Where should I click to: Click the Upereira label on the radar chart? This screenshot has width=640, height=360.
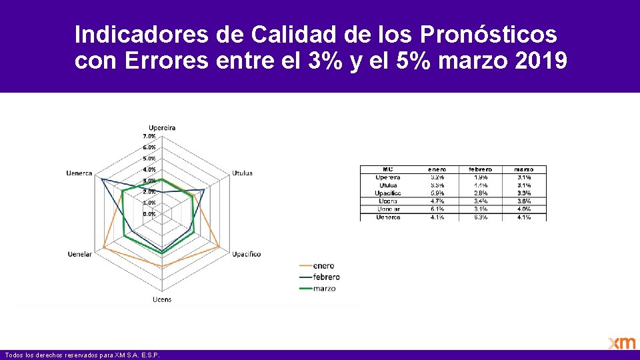click(162, 127)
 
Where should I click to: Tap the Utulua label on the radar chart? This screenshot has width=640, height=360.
click(242, 173)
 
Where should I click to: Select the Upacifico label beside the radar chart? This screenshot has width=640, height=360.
click(246, 254)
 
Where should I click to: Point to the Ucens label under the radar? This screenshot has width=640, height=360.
click(162, 299)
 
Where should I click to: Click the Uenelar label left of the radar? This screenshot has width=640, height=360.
click(80, 254)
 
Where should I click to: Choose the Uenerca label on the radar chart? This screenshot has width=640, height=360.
click(79, 173)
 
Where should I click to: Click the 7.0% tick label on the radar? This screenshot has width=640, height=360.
click(149, 136)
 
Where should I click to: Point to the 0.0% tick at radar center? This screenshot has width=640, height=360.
click(149, 214)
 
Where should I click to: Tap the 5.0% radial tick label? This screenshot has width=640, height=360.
click(149, 159)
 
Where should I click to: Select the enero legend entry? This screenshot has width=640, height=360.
click(323, 266)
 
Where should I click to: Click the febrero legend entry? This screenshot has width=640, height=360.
click(326, 277)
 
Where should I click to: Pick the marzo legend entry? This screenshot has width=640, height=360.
click(324, 289)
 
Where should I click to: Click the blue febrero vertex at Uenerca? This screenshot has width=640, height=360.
click(101, 179)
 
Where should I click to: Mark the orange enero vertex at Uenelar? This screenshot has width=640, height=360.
click(104, 249)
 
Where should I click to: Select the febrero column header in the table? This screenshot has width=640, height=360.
click(481, 169)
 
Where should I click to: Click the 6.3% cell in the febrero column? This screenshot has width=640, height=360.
click(481, 217)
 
